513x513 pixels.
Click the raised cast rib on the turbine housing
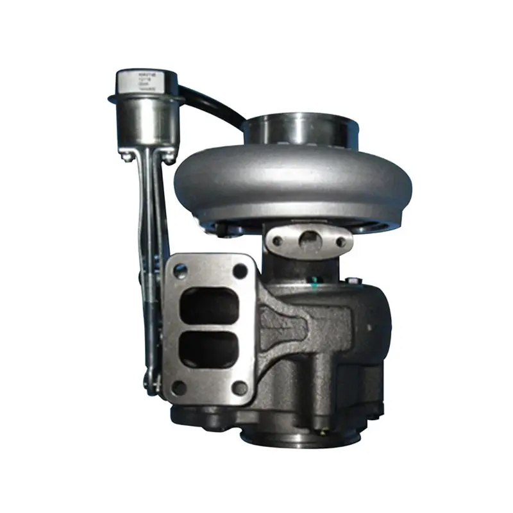(282, 321)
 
